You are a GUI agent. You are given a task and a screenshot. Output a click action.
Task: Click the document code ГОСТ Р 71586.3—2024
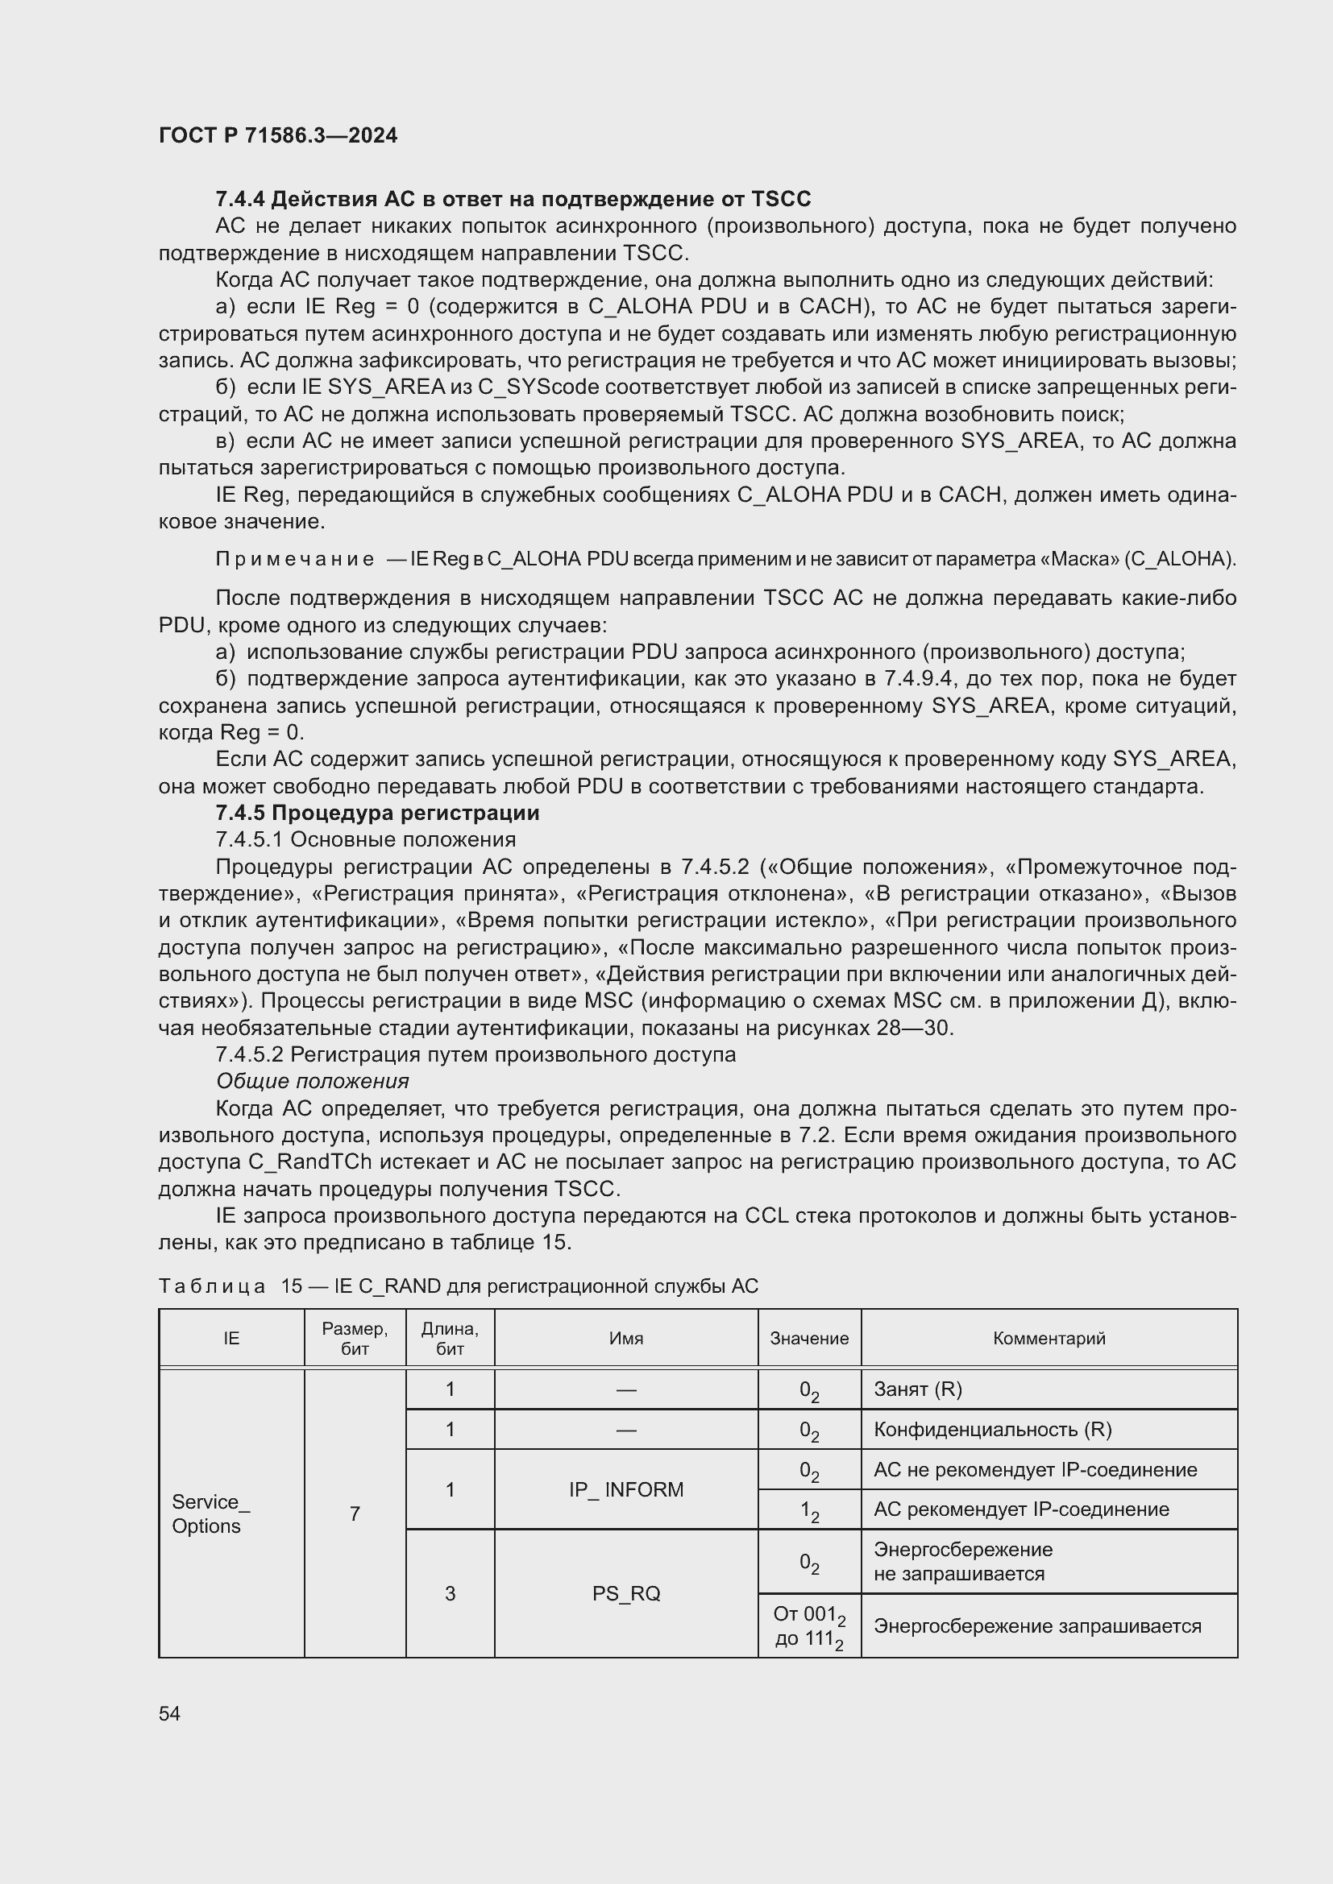point(277,135)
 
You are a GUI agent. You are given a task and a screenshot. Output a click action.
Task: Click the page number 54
point(169,1713)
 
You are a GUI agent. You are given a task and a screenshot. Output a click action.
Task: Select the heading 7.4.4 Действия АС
point(513,199)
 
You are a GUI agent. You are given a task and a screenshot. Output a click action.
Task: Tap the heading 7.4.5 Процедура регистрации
point(376,813)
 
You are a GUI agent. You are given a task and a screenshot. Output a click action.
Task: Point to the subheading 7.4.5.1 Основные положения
point(365,839)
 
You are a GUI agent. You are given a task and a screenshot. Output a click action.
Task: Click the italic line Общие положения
point(312,1081)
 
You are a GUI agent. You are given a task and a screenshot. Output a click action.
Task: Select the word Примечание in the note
point(295,559)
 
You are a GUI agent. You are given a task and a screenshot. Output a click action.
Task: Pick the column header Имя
point(625,1339)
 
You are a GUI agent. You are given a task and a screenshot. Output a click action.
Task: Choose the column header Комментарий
point(1049,1339)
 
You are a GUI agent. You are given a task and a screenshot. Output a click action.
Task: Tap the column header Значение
point(808,1339)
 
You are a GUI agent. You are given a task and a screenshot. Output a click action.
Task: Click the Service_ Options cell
point(210,1513)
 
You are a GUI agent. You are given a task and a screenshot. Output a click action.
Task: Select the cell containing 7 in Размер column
point(355,1513)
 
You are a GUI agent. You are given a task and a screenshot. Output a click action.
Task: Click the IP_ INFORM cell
point(625,1489)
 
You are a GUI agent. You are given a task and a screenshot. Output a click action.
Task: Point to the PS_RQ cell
point(625,1592)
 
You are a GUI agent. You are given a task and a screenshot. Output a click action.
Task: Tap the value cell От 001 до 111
point(808,1626)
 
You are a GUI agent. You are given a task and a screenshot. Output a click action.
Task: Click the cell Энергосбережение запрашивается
point(1036,1626)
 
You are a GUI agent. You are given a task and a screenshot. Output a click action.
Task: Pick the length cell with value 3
point(450,1592)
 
